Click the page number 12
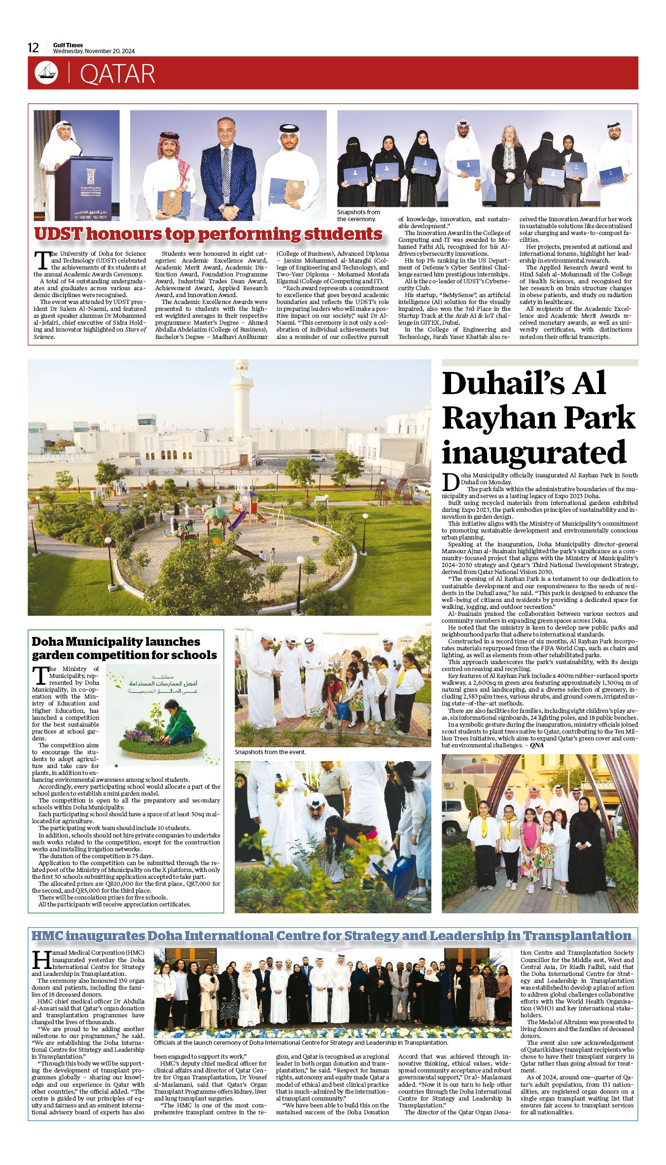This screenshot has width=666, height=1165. click(33, 48)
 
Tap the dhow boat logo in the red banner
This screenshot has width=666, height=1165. click(46, 73)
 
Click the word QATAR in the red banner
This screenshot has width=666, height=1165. click(117, 74)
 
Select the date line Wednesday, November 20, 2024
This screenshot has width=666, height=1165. click(94, 51)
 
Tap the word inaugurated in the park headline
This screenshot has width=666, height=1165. click(534, 452)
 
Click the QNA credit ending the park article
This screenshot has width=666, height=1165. click(537, 745)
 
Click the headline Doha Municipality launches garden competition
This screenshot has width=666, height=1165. click(124, 648)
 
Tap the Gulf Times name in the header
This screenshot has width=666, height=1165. click(68, 45)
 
